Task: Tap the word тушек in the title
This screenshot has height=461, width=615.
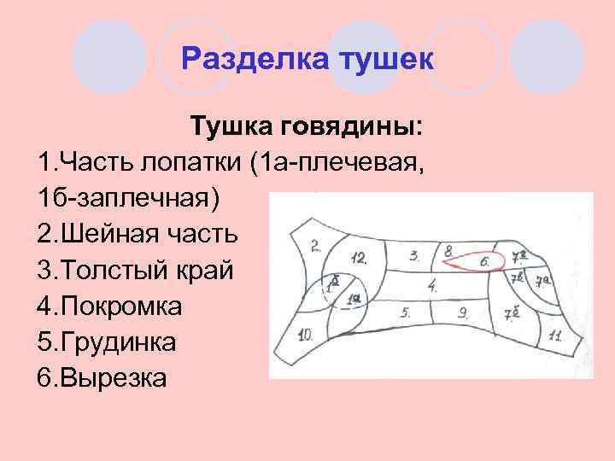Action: point(388,61)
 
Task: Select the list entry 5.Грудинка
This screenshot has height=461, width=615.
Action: point(107,341)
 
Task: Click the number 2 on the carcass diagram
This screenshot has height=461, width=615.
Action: point(315,246)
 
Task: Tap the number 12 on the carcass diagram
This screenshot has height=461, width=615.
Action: point(360,258)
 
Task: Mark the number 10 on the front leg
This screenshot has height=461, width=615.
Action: point(307,334)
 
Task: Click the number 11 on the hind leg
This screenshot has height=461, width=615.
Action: point(554,336)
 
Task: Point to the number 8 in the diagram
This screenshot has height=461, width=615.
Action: point(448,251)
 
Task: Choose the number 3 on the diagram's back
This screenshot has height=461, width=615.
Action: point(414,254)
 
